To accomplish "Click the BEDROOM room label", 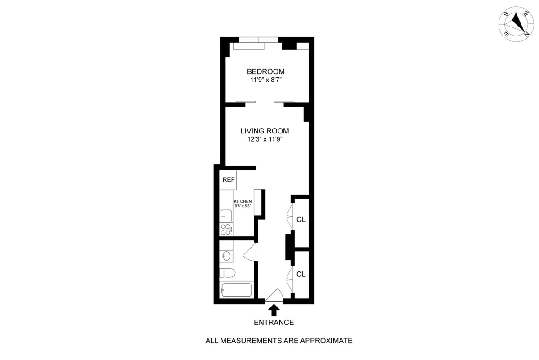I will [265, 71].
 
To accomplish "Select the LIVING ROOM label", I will [264, 131].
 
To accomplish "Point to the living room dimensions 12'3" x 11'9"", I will [264, 139].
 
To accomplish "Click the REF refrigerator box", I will [229, 180].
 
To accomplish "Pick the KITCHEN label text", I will [243, 202].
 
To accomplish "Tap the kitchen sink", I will [226, 216].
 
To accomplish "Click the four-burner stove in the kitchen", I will [226, 229].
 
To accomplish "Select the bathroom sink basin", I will [226, 256].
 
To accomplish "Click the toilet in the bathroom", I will [227, 273].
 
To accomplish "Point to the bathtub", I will [236, 290].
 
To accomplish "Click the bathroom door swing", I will [250, 254].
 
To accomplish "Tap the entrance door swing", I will [274, 295].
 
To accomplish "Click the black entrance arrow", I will [274, 310].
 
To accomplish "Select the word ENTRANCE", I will [274, 322].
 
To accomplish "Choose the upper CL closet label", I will [301, 220].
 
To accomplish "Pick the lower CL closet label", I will [301, 274].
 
